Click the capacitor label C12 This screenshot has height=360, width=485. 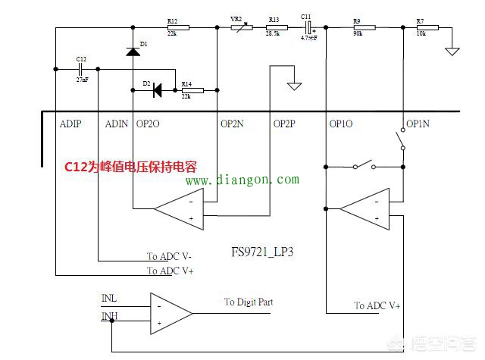[x=81, y=58]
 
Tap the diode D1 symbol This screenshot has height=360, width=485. [x=133, y=52]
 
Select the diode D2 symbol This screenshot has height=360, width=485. [x=156, y=91]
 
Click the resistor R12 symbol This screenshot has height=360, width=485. [x=177, y=27]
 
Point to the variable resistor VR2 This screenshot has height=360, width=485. [x=242, y=27]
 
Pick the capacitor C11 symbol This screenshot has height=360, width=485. [x=306, y=27]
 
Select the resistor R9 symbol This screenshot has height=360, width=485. [x=359, y=27]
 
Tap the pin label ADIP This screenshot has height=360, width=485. [x=70, y=123]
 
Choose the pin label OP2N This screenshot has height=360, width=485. [x=232, y=123]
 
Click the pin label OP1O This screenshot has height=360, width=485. [x=341, y=123]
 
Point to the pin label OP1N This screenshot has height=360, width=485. [x=418, y=123]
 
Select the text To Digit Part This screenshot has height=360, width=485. [x=249, y=302]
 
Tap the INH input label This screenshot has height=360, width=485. [x=109, y=315]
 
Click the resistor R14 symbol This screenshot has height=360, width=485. [x=191, y=91]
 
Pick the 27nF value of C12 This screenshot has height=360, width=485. [x=82, y=79]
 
